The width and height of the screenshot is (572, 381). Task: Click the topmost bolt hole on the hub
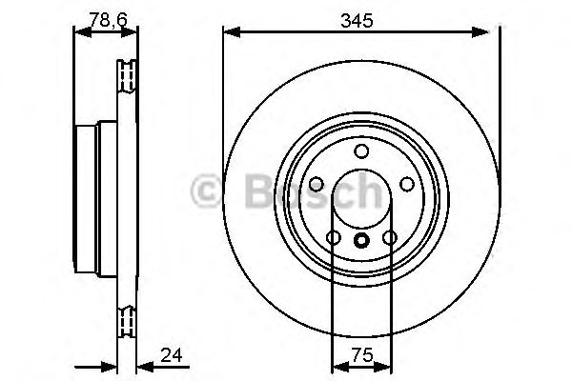[361, 150]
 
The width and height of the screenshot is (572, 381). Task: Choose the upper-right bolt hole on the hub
[406, 184]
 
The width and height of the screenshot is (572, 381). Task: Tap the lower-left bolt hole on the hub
[334, 237]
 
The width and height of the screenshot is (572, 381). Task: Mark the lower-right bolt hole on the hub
[389, 237]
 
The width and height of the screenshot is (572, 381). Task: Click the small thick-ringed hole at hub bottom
[361, 241]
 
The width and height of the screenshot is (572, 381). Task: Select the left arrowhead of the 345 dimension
[230, 33]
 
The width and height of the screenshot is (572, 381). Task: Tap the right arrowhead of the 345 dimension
[493, 33]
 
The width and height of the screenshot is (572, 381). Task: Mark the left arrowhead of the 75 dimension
[337, 366]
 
